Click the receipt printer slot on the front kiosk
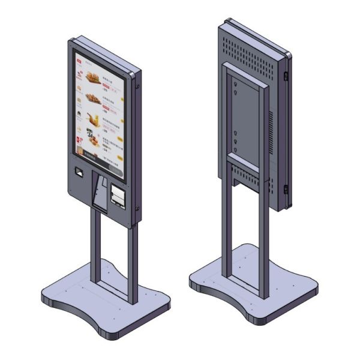coord(118,196)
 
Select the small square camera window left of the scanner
coord(77,172)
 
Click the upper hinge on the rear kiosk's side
coord(286,76)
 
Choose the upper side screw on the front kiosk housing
coord(138,86)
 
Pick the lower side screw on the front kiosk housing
coord(138,208)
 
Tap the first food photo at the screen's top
coord(93,77)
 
